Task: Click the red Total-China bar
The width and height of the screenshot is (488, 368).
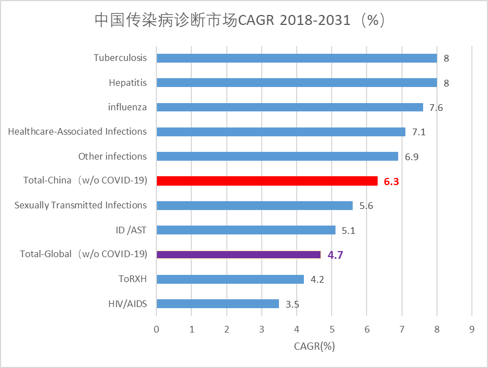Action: click(x=267, y=181)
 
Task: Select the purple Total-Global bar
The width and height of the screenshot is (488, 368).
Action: click(x=238, y=254)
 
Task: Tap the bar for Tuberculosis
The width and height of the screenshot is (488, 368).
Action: click(x=297, y=58)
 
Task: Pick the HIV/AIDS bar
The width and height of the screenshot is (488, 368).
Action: click(x=217, y=304)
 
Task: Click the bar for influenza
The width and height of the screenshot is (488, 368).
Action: click(x=289, y=107)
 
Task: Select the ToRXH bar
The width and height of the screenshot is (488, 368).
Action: click(x=230, y=279)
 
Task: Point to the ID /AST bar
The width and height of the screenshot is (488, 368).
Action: click(x=246, y=230)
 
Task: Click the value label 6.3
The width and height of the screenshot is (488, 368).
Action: click(x=392, y=181)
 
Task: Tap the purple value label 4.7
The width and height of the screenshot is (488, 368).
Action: click(x=335, y=255)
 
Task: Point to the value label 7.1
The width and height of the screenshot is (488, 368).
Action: click(x=419, y=132)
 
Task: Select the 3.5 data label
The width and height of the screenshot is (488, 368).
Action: click(x=293, y=304)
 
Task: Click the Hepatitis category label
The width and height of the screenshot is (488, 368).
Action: click(x=128, y=83)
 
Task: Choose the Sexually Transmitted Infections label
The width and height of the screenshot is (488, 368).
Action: click(x=80, y=205)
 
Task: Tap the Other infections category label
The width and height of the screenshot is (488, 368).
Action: click(x=113, y=156)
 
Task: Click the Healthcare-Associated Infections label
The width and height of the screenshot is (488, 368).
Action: click(x=77, y=131)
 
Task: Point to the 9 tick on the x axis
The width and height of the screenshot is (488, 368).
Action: click(x=471, y=329)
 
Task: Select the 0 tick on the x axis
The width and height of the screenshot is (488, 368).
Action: click(x=157, y=329)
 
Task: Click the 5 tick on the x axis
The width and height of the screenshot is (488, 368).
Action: click(x=332, y=329)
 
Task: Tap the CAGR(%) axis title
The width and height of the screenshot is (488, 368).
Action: click(x=314, y=346)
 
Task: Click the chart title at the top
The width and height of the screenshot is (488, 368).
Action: click(x=240, y=21)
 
